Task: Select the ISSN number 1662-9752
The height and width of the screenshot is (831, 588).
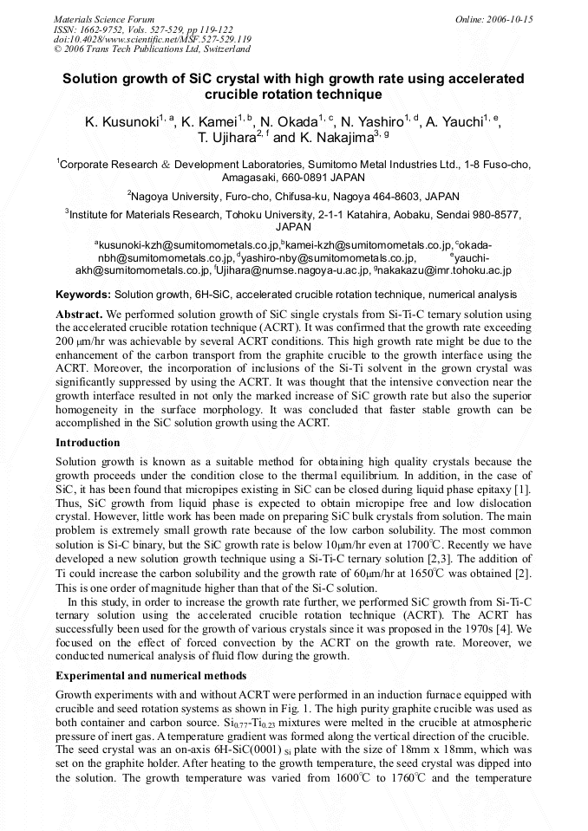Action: pos(102,29)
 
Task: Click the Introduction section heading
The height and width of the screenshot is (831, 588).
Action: pos(88,443)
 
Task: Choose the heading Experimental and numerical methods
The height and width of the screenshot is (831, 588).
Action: pos(151,675)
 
